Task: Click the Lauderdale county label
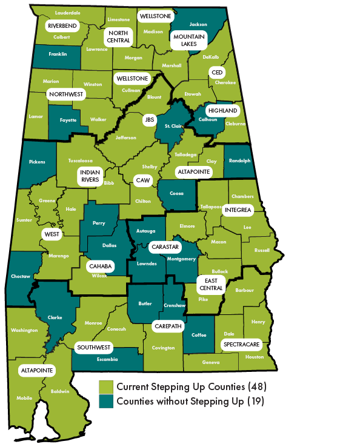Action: tap(67, 12)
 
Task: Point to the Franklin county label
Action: tap(58, 54)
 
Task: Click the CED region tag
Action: tap(217, 72)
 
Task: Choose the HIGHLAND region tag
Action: tap(222, 111)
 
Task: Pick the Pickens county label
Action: tap(38, 162)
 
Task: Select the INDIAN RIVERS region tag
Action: tap(90, 176)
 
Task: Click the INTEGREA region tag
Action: tap(238, 210)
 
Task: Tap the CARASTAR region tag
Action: tap(164, 247)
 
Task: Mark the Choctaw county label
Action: tap(21, 276)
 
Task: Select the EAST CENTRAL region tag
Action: tap(211, 284)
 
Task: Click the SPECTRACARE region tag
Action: tap(241, 344)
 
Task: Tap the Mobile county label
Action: tap(25, 398)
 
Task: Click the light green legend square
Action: tap(106, 386)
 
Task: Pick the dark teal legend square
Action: tap(106, 400)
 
